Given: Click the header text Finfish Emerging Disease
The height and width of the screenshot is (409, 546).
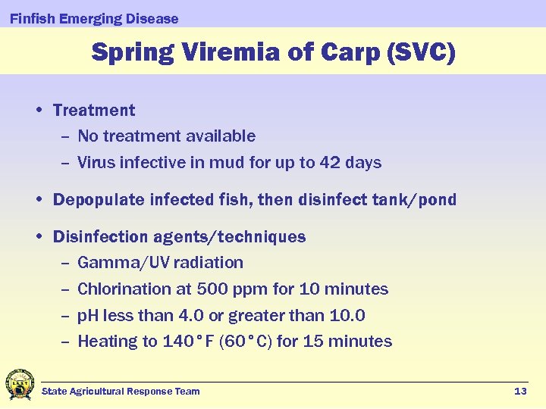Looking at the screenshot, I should [x=94, y=19].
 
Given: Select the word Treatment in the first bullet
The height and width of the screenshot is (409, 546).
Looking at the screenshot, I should [x=94, y=111].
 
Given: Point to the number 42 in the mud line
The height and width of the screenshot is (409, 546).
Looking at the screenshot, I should [x=330, y=163].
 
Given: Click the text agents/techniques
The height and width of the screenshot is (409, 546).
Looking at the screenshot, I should [x=229, y=237].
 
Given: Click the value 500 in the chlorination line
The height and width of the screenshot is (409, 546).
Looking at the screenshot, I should [x=213, y=289].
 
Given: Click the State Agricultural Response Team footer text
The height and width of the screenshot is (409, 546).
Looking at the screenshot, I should [x=121, y=392].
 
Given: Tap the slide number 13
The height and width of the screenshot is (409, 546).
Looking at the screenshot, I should [x=520, y=392].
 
